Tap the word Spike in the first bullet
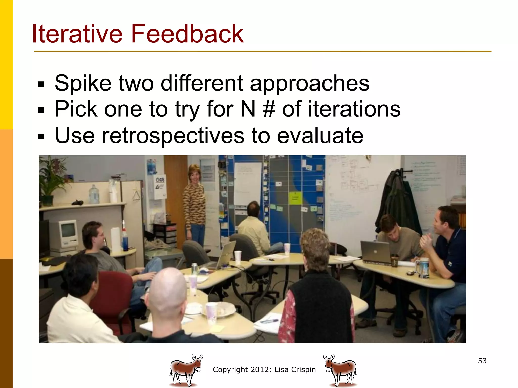(x=83, y=83)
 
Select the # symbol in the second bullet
(x=269, y=109)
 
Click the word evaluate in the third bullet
(x=320, y=136)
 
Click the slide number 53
(x=482, y=361)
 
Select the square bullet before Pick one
(x=41, y=110)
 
